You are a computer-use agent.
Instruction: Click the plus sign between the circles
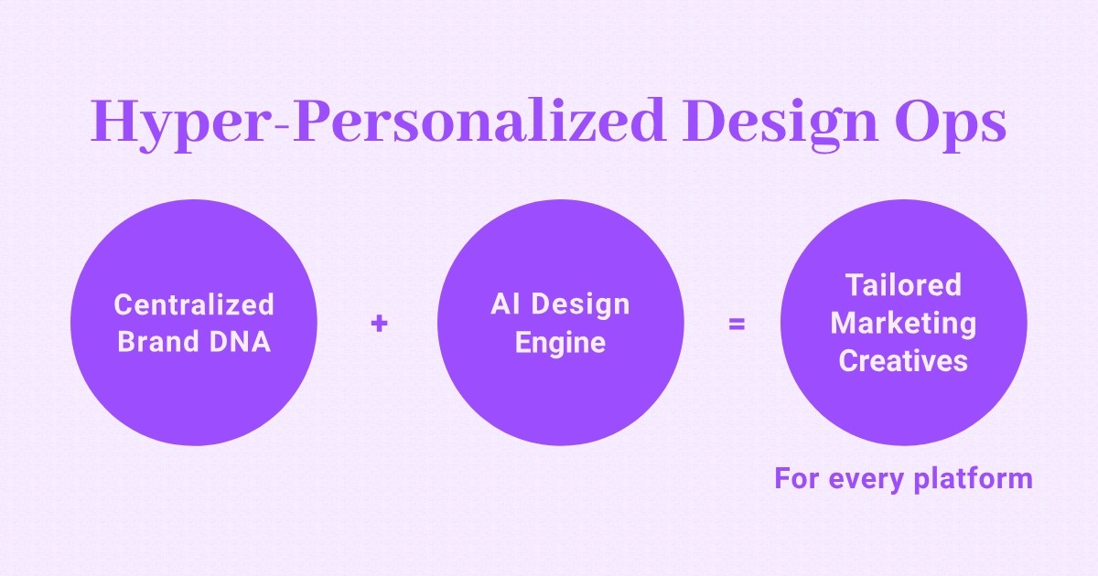(379, 323)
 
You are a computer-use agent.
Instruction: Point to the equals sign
(736, 323)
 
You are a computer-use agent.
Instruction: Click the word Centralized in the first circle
(194, 304)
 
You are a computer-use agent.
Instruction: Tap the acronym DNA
(242, 343)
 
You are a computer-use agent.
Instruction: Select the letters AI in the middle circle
(505, 304)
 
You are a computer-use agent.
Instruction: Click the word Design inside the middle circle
(581, 304)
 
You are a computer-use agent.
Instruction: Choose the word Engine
(560, 343)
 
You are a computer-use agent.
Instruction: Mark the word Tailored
(903, 284)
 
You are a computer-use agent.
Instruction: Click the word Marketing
(903, 323)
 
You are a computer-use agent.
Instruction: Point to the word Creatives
(903, 361)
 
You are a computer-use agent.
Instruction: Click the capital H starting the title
(113, 122)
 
